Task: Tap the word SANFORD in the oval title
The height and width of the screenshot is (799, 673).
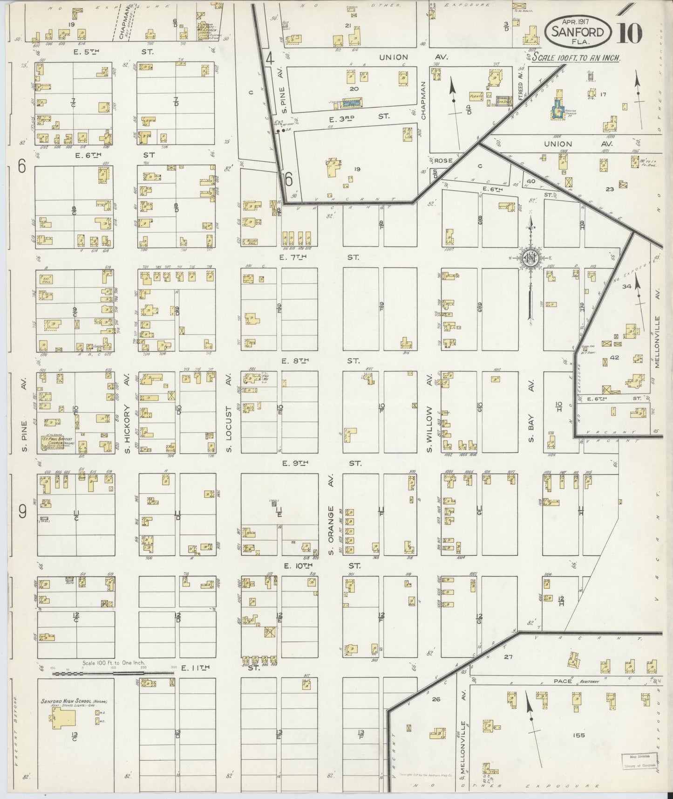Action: point(578,32)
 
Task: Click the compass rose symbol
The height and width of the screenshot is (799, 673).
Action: point(530,257)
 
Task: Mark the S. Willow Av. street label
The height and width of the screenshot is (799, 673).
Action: point(429,429)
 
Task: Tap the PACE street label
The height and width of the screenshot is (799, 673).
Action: point(563,681)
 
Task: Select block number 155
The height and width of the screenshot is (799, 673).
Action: point(579,735)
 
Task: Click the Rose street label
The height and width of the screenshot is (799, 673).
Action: point(444,160)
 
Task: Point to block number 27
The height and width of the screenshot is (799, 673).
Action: point(508,657)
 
